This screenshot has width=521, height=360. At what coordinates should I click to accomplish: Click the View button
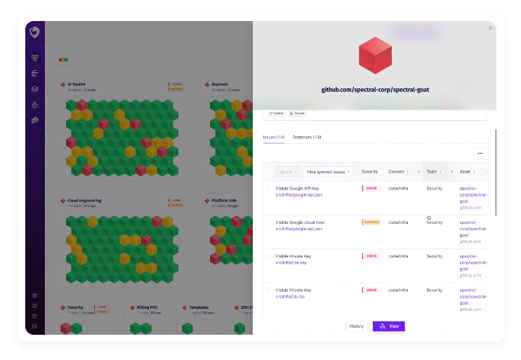coord(388,326)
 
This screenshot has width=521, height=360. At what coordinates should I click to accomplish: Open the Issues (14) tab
coord(273,137)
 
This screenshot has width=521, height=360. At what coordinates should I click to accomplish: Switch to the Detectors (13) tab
coord(307,137)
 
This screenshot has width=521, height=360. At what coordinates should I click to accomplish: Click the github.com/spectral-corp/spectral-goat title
coord(374,90)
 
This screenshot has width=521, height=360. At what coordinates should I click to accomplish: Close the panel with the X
coord(490,28)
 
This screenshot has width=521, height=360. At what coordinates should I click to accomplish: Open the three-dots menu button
coord(480,153)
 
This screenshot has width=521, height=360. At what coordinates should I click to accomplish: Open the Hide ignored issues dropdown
coord(328,171)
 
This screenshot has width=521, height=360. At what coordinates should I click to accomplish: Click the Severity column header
coord(369,171)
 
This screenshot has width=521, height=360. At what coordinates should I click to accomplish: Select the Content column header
coord(397,171)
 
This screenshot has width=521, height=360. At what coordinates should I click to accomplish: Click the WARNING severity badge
coord(371,222)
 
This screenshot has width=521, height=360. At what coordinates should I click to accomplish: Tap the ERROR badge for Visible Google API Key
coord(370,188)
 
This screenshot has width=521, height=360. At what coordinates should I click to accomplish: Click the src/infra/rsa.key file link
coord(291,262)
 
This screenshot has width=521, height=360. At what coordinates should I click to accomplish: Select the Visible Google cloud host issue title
coord(300,222)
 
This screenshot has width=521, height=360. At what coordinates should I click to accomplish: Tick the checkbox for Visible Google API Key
coord(268,188)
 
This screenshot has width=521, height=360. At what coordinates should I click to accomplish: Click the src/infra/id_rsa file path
coord(290,296)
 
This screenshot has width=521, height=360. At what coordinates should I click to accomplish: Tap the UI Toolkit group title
coord(77,84)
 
